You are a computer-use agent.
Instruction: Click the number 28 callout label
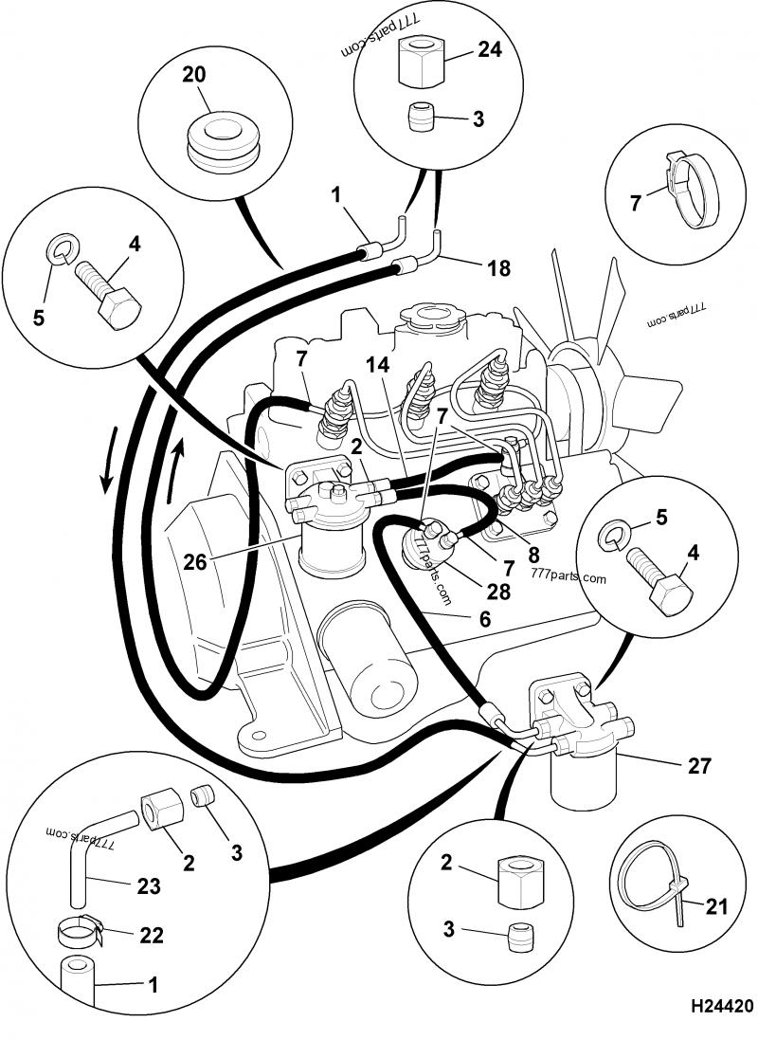pos(497,592)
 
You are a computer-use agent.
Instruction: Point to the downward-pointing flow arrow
pos(110,460)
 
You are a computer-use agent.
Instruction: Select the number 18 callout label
pos(497,269)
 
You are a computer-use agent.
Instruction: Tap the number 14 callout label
pos(376,364)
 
